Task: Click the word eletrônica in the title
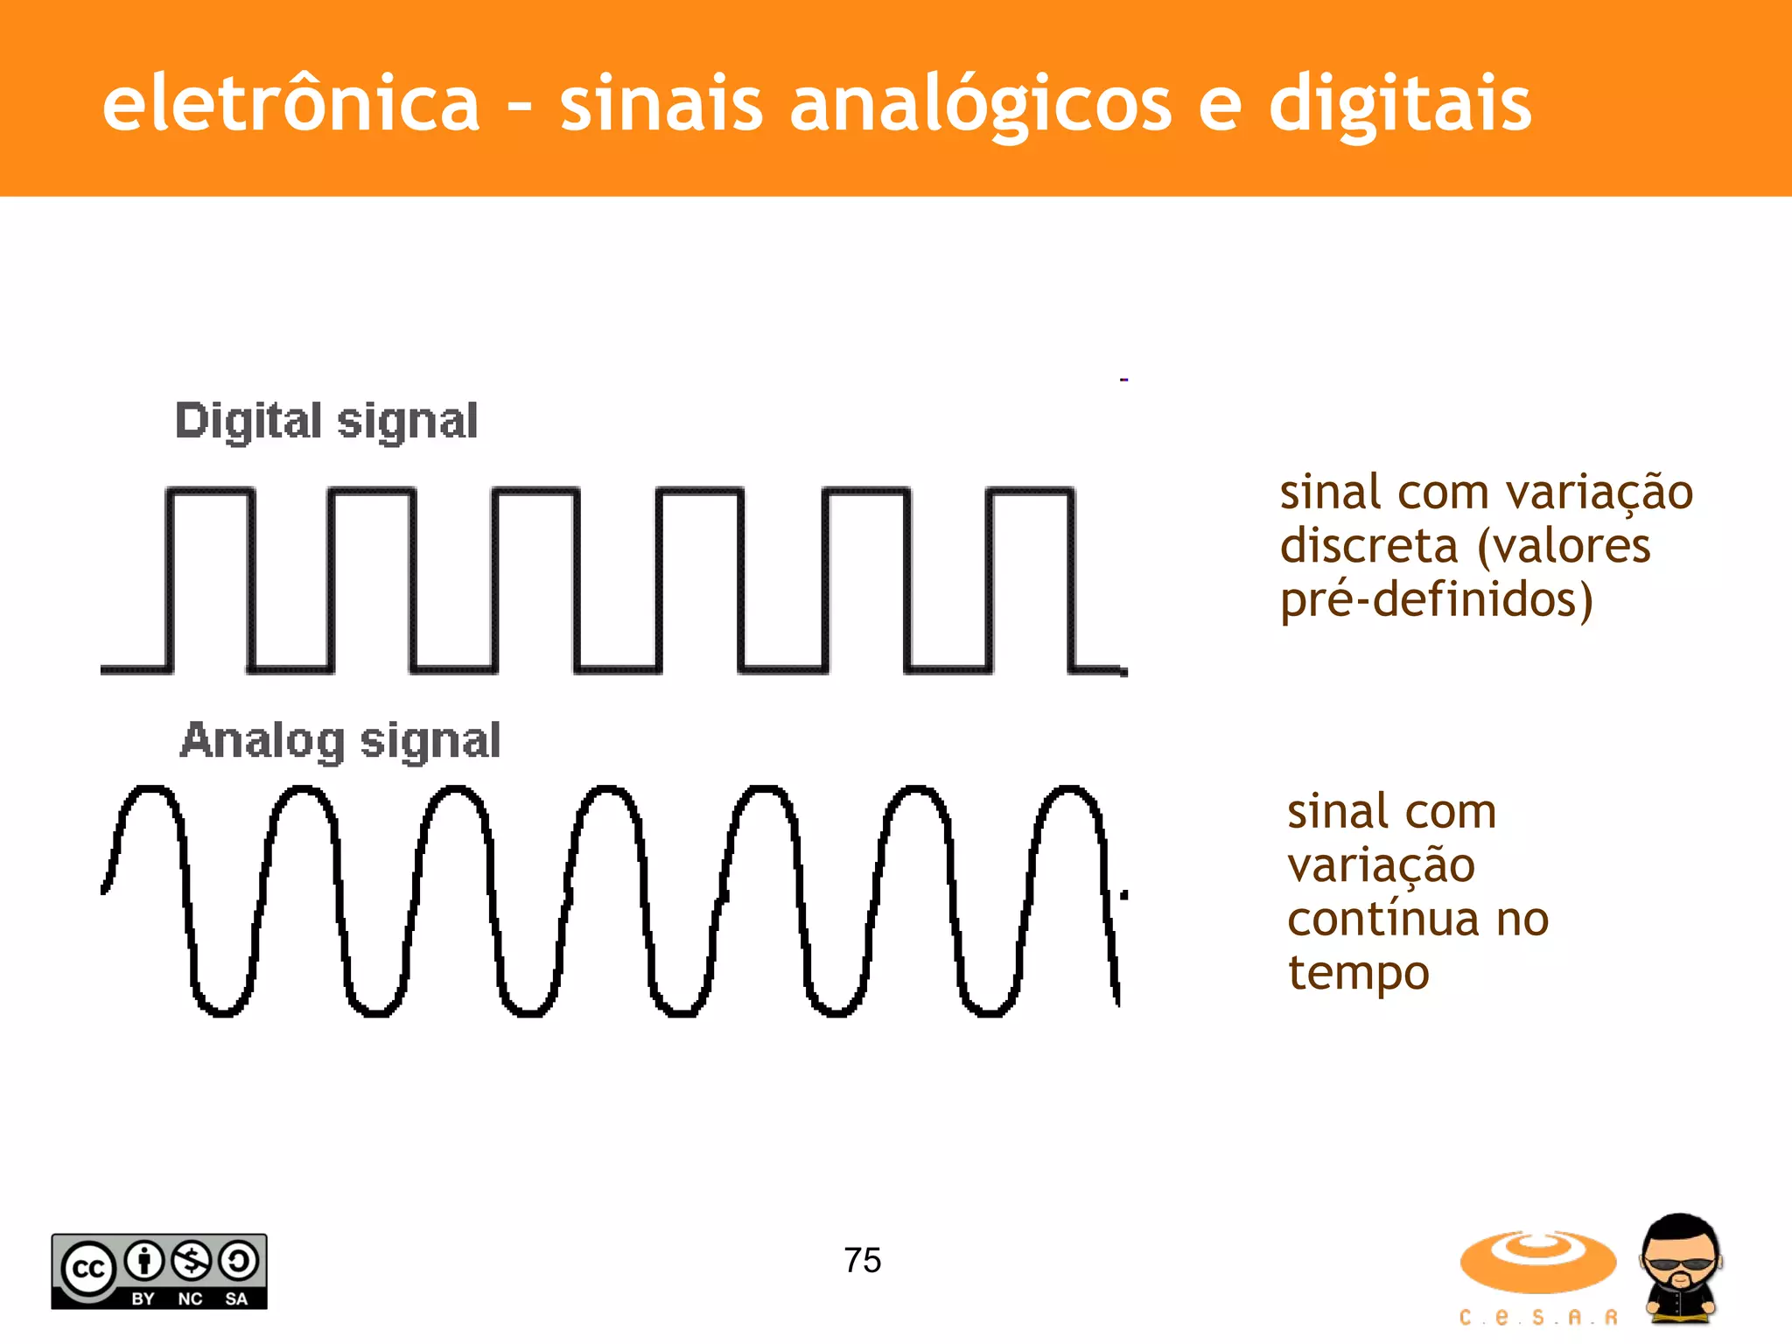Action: (290, 105)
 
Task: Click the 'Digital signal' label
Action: (326, 422)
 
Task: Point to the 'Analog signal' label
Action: (340, 741)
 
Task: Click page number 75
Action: (863, 1261)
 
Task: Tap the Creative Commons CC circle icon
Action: (87, 1268)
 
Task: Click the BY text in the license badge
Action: (143, 1299)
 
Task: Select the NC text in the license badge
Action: (190, 1299)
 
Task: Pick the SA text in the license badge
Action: (236, 1299)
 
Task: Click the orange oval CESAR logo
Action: (1537, 1262)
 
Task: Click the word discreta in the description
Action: (1368, 547)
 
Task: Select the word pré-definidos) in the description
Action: (1437, 601)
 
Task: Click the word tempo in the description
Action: (1358, 973)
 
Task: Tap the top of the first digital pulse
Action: (211, 492)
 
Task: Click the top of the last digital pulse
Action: (1031, 492)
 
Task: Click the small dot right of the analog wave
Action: (1124, 894)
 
